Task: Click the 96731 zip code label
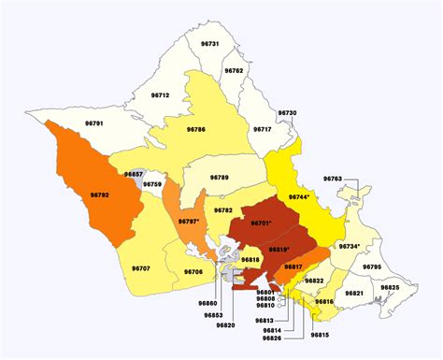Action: click(210, 44)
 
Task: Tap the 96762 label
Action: click(234, 71)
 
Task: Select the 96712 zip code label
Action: click(160, 95)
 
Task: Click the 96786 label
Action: click(197, 129)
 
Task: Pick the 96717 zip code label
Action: click(262, 129)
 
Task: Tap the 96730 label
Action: click(288, 112)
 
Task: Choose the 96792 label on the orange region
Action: click(100, 194)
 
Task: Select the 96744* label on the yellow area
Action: click(299, 197)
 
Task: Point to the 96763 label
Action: click(333, 177)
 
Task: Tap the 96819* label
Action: click(279, 249)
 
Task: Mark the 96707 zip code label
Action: click(140, 269)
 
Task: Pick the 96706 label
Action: click(193, 272)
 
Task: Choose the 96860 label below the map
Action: click(207, 303)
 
